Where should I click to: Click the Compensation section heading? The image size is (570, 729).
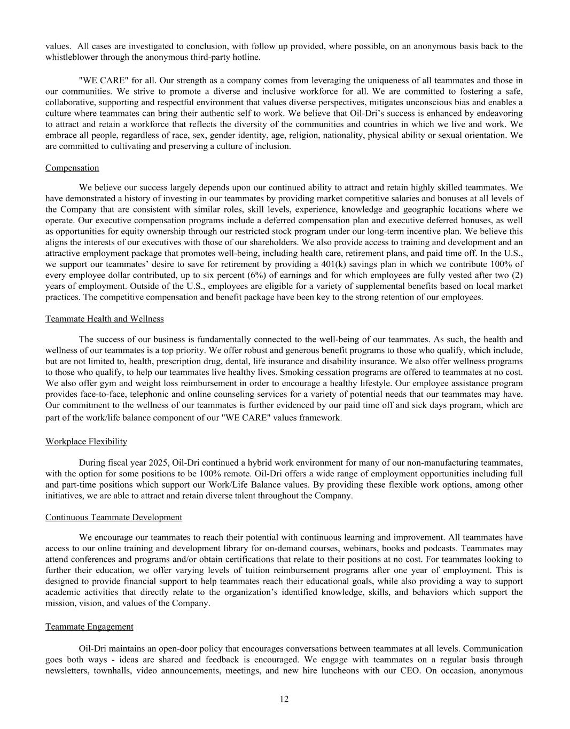click(72, 168)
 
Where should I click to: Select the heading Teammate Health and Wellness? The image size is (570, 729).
click(104, 319)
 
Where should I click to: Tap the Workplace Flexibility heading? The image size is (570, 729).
click(86, 442)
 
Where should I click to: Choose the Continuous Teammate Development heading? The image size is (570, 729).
click(113, 518)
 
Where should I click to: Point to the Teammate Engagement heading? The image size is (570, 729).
click(89, 626)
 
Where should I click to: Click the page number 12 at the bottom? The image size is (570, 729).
click(284, 699)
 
